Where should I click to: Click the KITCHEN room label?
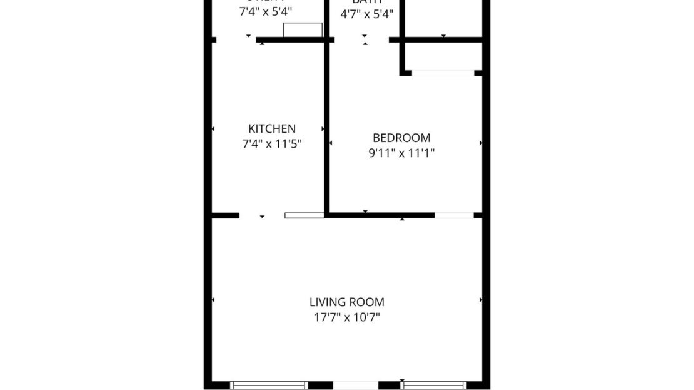(272, 129)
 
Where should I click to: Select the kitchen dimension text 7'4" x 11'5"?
(272, 144)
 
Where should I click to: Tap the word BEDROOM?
(401, 138)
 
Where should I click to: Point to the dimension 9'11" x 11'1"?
(401, 152)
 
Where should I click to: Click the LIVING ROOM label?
(347, 302)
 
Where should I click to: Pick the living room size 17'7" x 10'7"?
(347, 317)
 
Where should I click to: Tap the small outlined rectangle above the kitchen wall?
(303, 30)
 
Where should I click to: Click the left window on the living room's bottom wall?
(269, 386)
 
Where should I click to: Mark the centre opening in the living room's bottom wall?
(355, 386)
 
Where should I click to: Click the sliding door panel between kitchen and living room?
(304, 215)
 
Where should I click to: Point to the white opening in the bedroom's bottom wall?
(454, 215)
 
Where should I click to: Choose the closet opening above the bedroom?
(443, 73)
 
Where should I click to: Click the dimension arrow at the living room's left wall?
(214, 300)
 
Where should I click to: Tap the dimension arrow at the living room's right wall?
(480, 300)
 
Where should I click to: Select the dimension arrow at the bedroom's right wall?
(480, 143)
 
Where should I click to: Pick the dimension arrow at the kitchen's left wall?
(214, 129)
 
